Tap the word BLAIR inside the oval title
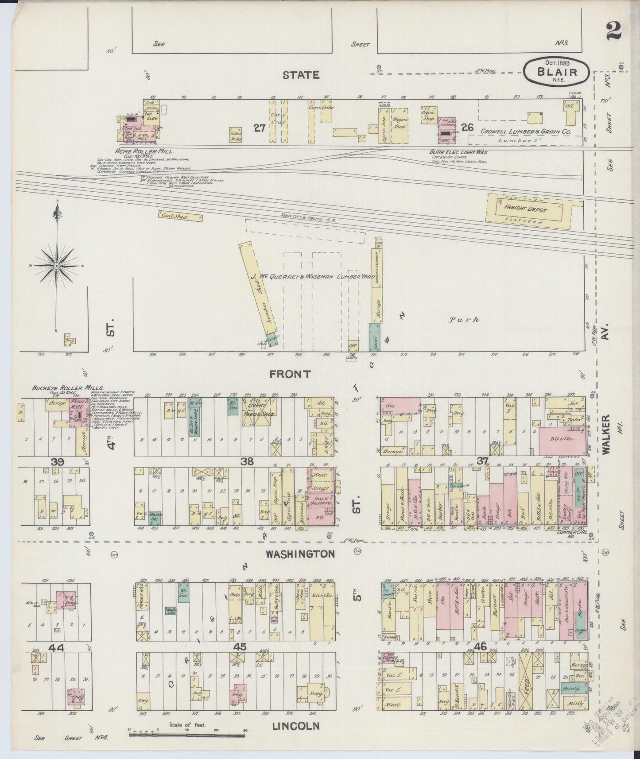[x=557, y=72]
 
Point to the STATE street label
[x=301, y=75]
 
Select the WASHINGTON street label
[x=301, y=554]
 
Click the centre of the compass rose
[x=57, y=265]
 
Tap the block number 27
[x=259, y=128]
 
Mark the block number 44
[x=57, y=648]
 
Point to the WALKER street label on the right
[x=605, y=434]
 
